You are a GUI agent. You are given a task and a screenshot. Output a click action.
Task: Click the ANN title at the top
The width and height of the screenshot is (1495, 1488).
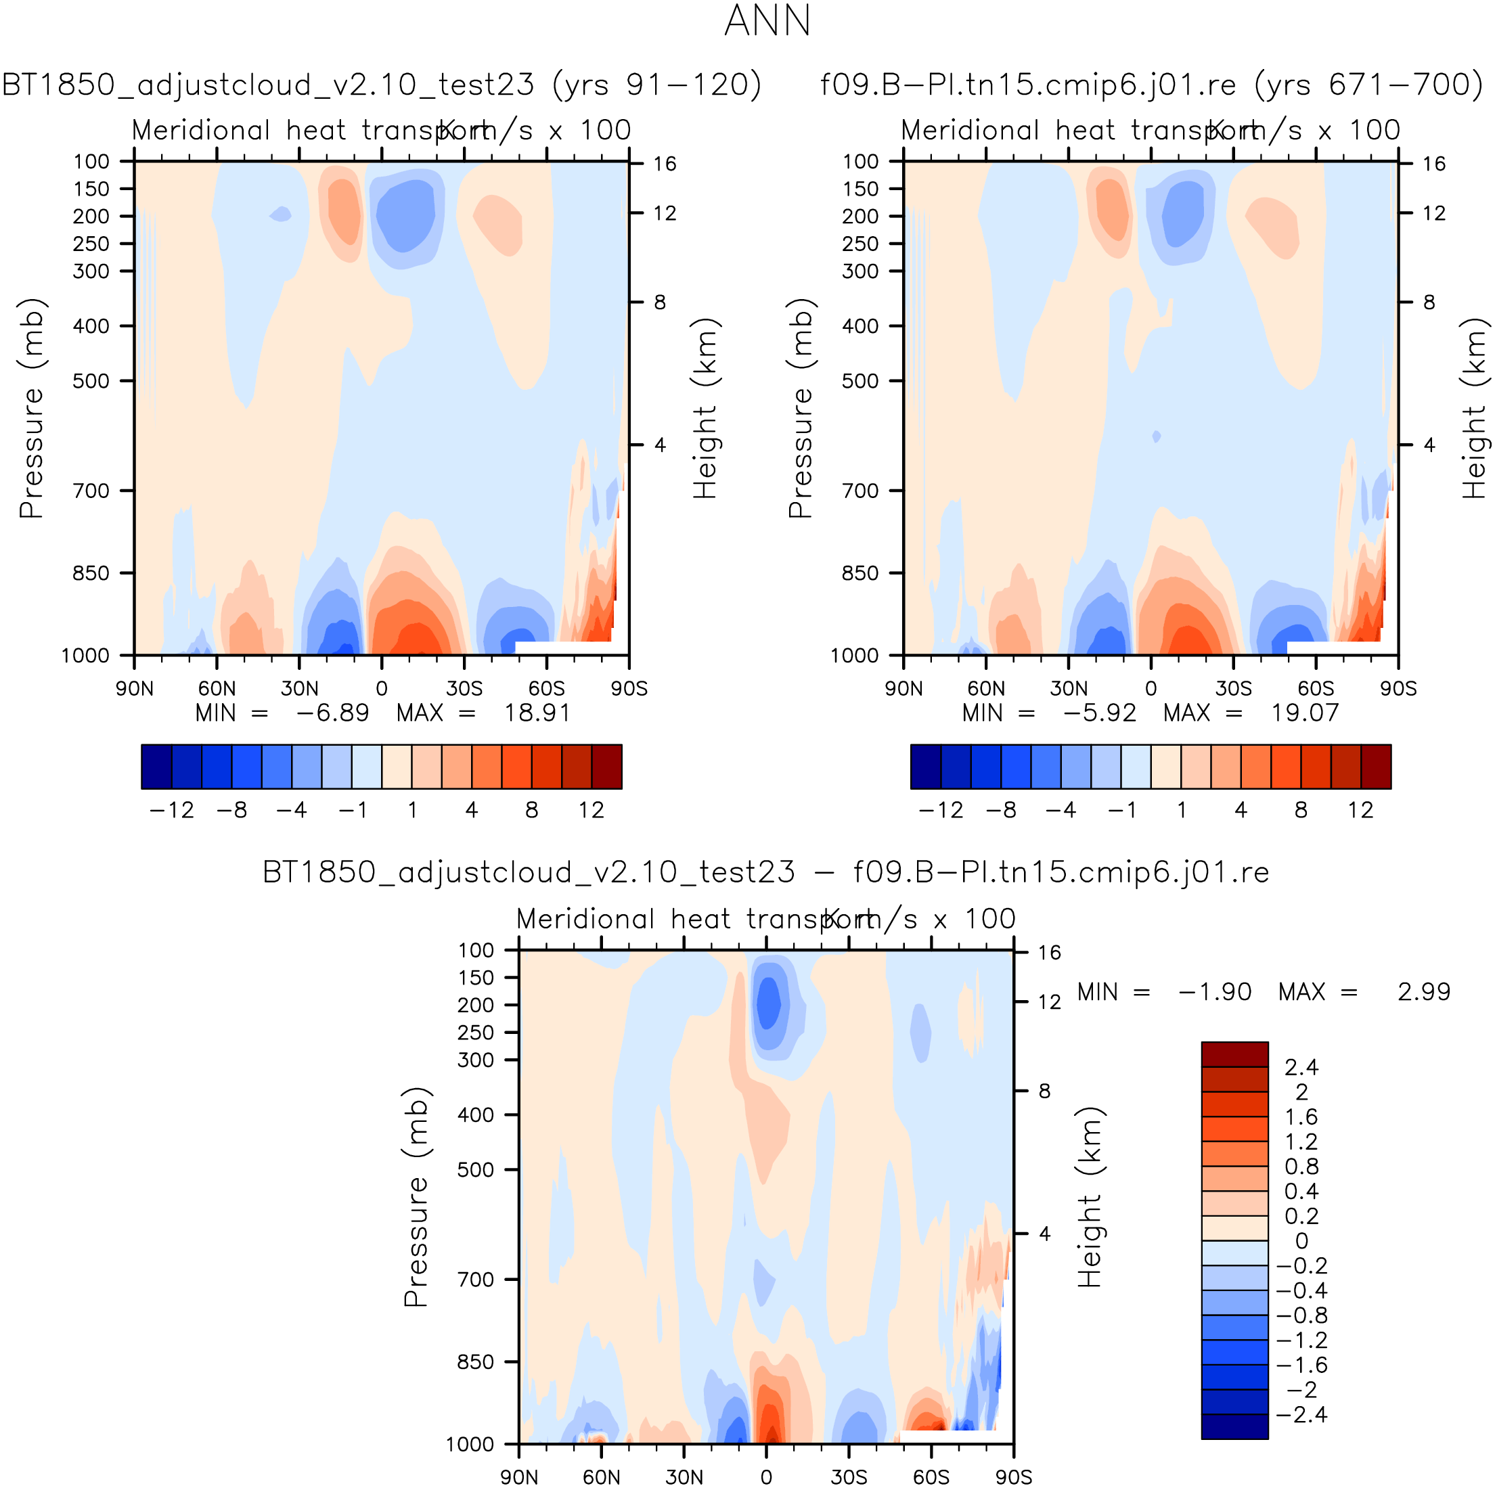767,21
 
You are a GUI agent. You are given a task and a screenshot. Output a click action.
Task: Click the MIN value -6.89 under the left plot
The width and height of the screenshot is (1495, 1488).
333,713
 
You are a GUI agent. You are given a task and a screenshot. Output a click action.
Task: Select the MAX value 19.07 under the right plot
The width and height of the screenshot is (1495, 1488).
1305,713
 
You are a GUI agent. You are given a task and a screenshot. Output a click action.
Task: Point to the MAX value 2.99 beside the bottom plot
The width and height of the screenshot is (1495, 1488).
1423,992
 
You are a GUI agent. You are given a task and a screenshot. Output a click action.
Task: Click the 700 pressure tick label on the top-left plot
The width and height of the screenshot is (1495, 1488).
91,491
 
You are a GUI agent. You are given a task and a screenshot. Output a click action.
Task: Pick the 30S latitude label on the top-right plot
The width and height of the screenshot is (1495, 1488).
1234,689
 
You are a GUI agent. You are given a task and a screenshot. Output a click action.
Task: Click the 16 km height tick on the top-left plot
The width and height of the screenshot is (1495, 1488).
664,164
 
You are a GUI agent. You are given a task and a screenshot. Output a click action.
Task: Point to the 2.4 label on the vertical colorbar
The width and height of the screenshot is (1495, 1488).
1301,1068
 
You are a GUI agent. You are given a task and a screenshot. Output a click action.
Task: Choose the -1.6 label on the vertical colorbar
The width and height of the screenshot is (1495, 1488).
1301,1365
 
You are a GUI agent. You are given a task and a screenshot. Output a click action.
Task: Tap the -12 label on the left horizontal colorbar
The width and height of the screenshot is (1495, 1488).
171,810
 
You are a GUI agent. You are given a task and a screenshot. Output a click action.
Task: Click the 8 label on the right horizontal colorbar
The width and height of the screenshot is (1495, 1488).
1301,810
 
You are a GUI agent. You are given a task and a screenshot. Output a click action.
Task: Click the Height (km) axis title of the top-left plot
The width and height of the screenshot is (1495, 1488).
705,408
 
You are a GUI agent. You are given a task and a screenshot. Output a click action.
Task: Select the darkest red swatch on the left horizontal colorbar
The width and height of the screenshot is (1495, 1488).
606,767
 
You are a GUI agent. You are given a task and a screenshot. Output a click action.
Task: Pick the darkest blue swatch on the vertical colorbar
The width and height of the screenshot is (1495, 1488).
1234,1427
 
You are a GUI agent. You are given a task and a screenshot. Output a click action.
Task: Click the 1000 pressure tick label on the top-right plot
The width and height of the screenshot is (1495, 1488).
854,656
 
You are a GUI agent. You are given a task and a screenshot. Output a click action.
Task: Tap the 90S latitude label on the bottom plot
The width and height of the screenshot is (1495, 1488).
1013,1477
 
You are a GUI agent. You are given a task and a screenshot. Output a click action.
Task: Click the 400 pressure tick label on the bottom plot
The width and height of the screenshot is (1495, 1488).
475,1115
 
